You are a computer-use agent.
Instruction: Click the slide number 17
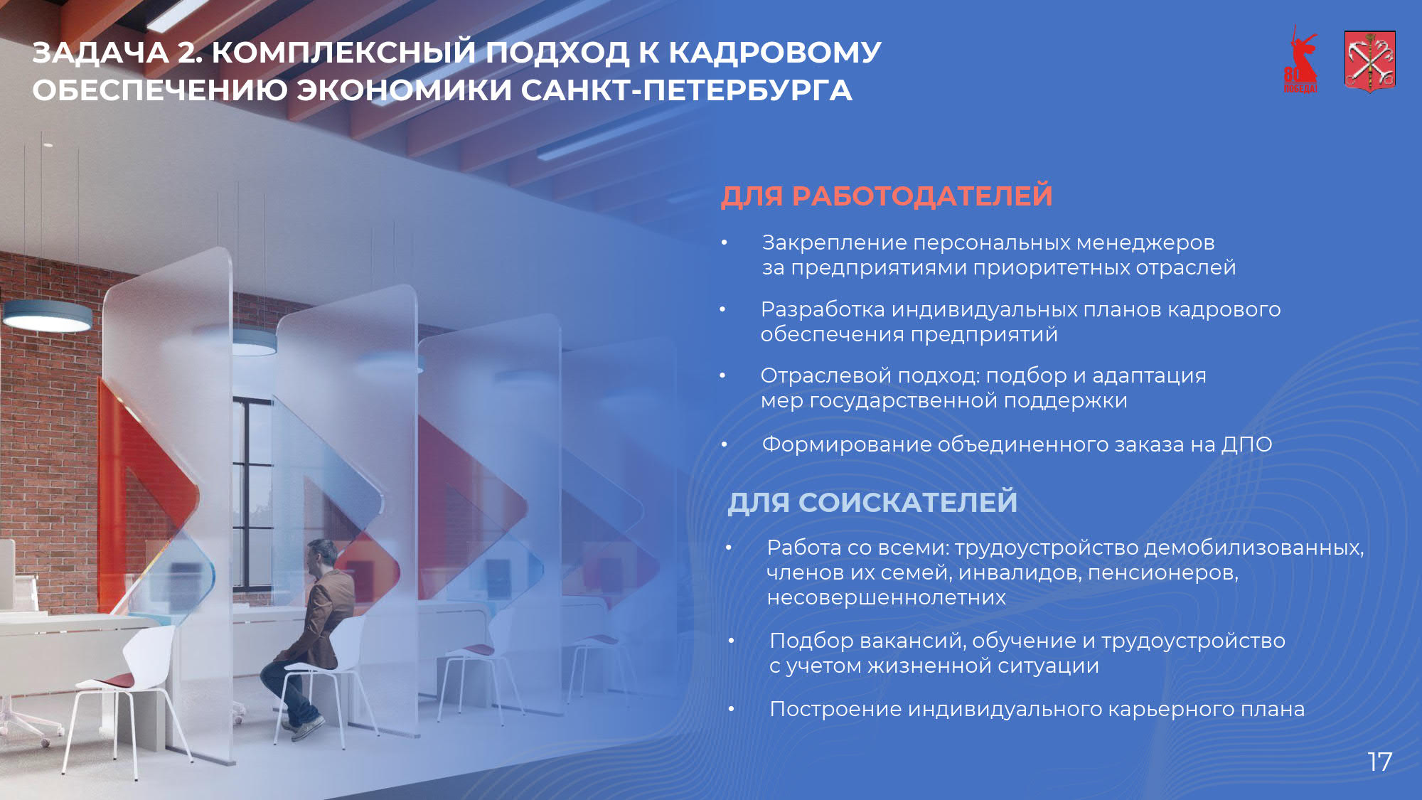[1380, 762]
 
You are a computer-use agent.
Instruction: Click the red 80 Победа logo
[1301, 60]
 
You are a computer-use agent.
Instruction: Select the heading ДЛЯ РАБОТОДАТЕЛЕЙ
[887, 196]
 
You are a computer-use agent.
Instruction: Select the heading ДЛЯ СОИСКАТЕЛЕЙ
[872, 502]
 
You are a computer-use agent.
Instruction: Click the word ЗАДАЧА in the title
[100, 53]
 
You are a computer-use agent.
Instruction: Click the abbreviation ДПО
[1247, 444]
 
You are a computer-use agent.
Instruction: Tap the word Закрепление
[835, 243]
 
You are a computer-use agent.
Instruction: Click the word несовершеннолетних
[887, 597]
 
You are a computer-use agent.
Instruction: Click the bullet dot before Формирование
[725, 445]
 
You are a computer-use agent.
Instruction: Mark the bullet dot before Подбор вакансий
[731, 641]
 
